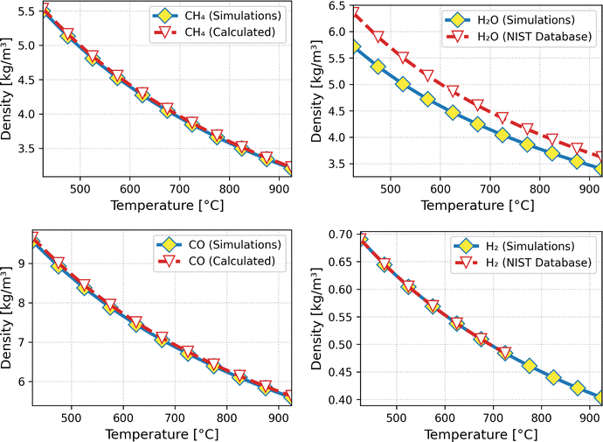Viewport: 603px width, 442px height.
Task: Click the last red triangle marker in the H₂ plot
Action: [504, 353]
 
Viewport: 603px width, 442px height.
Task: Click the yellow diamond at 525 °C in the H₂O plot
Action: [403, 84]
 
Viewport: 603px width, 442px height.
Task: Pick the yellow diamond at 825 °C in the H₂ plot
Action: [553, 377]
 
